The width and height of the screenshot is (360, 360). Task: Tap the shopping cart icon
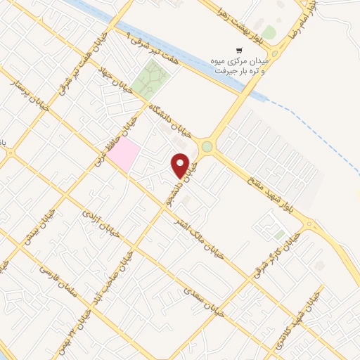click(239, 51)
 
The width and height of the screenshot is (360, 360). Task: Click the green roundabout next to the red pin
click(207, 147)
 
